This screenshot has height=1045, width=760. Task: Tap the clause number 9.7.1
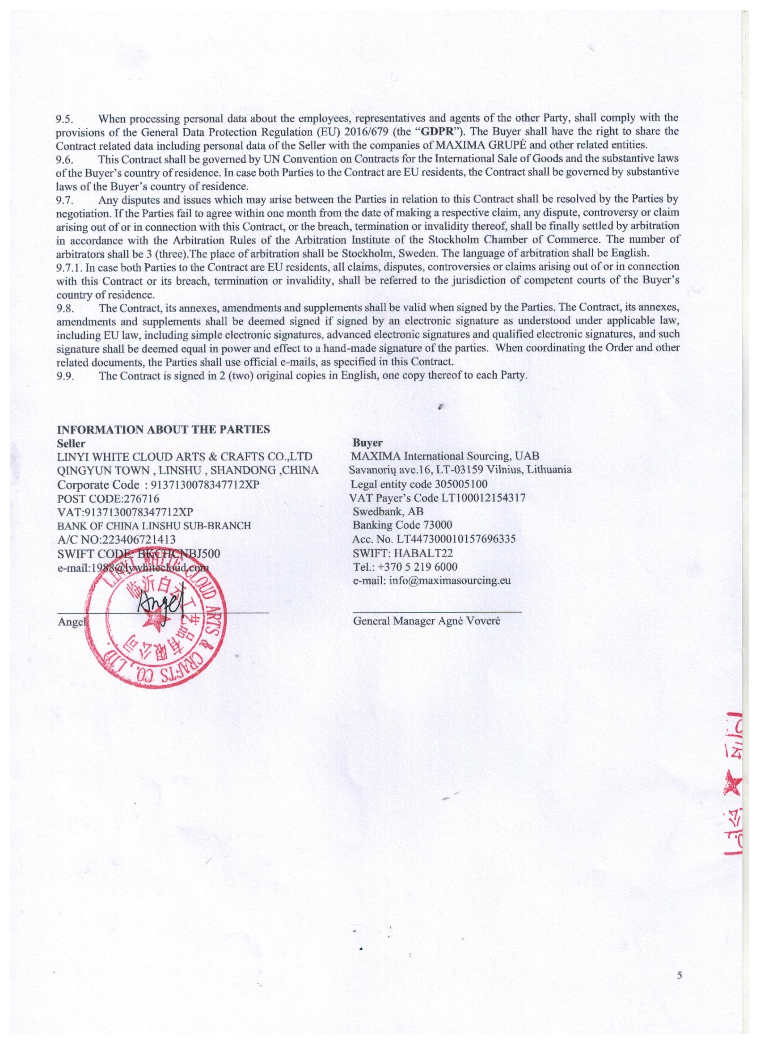68,267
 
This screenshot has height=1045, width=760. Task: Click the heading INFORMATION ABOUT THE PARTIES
163,430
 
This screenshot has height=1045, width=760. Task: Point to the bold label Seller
71,443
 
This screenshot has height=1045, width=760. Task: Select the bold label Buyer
367,443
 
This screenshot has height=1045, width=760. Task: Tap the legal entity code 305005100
461,484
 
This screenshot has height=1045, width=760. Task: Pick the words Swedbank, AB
388,511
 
